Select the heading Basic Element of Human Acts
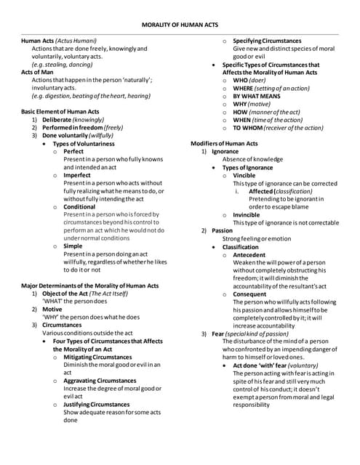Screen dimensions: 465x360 pyautogui.click(x=60, y=112)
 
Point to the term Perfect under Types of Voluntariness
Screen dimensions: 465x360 pyautogui.click(x=73, y=151)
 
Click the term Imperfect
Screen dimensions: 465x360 pyautogui.click(x=78, y=175)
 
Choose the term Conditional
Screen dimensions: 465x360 pyautogui.click(x=79, y=207)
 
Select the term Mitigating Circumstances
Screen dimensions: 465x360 pyautogui.click(x=97, y=357)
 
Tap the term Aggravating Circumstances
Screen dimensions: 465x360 pyautogui.click(x=100, y=380)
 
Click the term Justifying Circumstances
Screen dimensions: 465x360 pyautogui.click(x=97, y=404)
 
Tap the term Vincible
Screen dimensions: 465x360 pyautogui.click(x=244, y=175)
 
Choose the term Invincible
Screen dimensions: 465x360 pyautogui.click(x=247, y=215)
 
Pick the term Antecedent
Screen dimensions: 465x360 pyautogui.click(x=249, y=255)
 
